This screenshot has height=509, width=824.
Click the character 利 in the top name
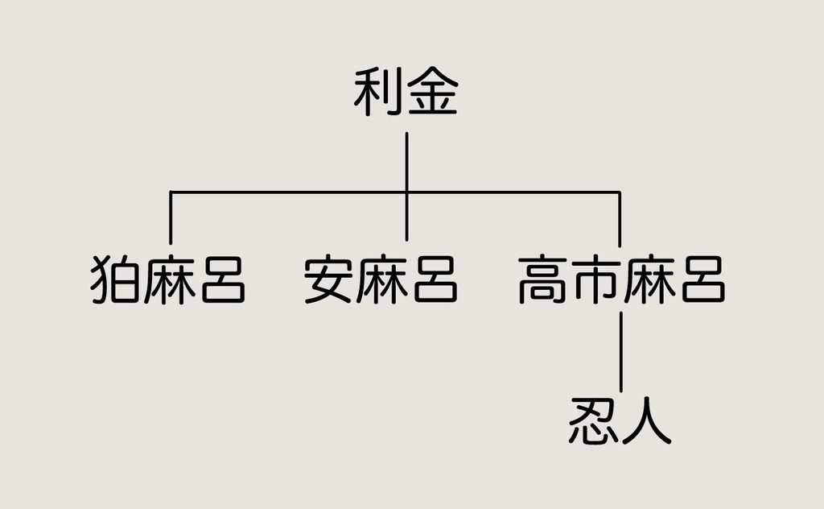(378, 92)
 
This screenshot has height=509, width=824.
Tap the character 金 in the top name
(432, 92)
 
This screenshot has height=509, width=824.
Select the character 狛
(116, 279)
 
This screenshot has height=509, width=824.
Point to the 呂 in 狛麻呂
(223, 279)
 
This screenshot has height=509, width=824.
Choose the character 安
(328, 279)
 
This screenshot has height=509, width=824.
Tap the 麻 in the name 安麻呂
(381, 279)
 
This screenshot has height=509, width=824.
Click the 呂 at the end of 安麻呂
(435, 279)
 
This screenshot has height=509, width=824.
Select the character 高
(543, 279)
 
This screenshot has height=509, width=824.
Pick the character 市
(596, 279)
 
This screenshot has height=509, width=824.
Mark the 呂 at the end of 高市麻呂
(703, 279)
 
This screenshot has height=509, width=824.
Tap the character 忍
(594, 421)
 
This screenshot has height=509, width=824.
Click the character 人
(646, 421)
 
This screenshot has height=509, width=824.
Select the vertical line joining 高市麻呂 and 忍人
(620, 352)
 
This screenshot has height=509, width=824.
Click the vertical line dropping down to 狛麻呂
(171, 217)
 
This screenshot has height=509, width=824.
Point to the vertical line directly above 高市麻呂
(620, 219)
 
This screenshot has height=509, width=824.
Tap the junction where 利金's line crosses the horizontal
(406, 192)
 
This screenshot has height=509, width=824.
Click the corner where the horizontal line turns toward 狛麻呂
(171, 192)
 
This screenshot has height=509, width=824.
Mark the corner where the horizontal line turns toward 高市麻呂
(620, 192)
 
